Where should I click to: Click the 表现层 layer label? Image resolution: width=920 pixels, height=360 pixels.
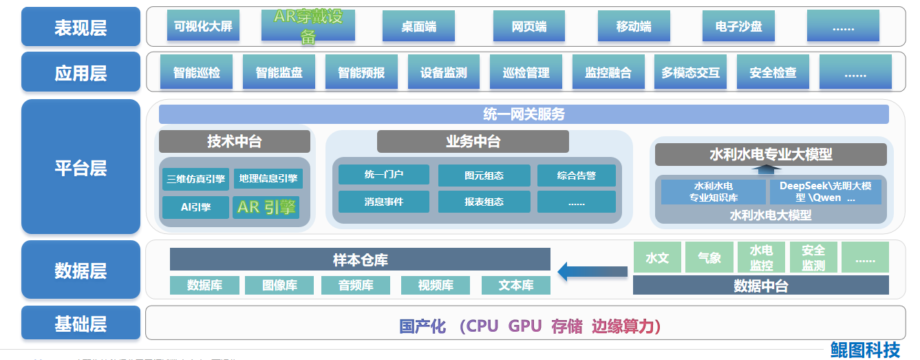(81, 28)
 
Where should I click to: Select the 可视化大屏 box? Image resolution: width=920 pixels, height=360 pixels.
(203, 27)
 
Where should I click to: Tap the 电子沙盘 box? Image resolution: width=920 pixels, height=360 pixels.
(739, 27)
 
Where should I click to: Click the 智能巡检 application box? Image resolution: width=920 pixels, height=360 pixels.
(197, 72)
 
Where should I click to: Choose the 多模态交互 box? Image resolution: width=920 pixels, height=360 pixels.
(690, 72)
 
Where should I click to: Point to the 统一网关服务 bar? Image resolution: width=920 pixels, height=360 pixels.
(524, 114)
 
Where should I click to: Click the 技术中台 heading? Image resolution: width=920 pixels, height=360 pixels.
(235, 142)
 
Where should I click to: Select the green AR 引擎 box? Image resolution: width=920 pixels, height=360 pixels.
(266, 207)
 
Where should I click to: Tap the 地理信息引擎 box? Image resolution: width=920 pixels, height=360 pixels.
(268, 179)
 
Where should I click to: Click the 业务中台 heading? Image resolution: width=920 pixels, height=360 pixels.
(473, 142)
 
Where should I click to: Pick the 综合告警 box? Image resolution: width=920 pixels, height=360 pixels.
(577, 176)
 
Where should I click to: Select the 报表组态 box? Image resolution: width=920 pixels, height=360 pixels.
(484, 202)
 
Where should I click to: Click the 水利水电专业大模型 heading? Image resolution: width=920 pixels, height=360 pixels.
(771, 154)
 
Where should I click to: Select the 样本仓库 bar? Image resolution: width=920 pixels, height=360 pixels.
(360, 260)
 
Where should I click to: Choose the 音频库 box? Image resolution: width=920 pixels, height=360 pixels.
(356, 285)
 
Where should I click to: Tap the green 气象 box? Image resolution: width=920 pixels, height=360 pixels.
(709, 257)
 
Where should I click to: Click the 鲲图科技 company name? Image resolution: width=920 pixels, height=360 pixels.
(864, 350)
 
